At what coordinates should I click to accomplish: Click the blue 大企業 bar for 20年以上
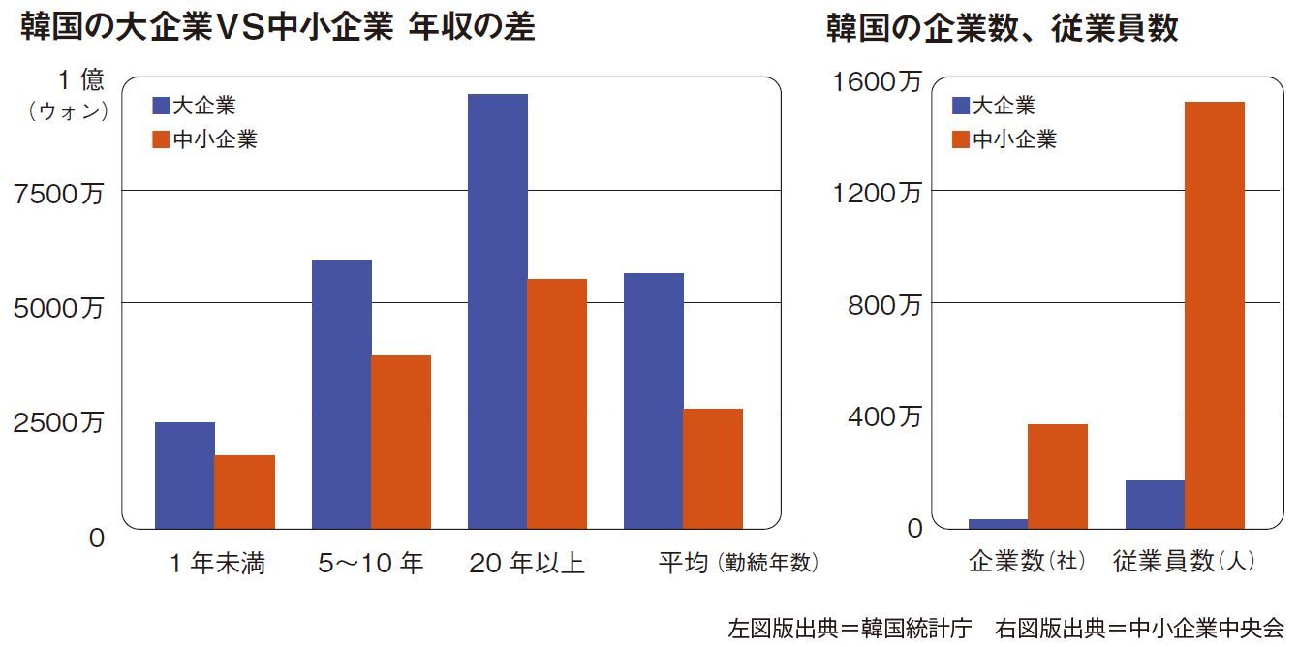click(497, 310)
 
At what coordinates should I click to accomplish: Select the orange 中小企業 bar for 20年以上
click(557, 403)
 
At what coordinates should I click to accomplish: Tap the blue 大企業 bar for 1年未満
click(185, 475)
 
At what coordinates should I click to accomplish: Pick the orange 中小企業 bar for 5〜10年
click(401, 442)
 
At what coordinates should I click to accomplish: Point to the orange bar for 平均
click(713, 468)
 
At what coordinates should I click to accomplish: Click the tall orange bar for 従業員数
click(1215, 315)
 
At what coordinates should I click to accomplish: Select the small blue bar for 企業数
click(998, 523)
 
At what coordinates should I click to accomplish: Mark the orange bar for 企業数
click(1058, 476)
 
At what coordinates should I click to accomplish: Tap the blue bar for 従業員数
click(1155, 504)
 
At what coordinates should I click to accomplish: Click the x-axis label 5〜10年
click(371, 564)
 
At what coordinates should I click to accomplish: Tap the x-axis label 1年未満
click(215, 564)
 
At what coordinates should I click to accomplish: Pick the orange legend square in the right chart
click(961, 139)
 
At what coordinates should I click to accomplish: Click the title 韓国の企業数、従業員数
click(1002, 28)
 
